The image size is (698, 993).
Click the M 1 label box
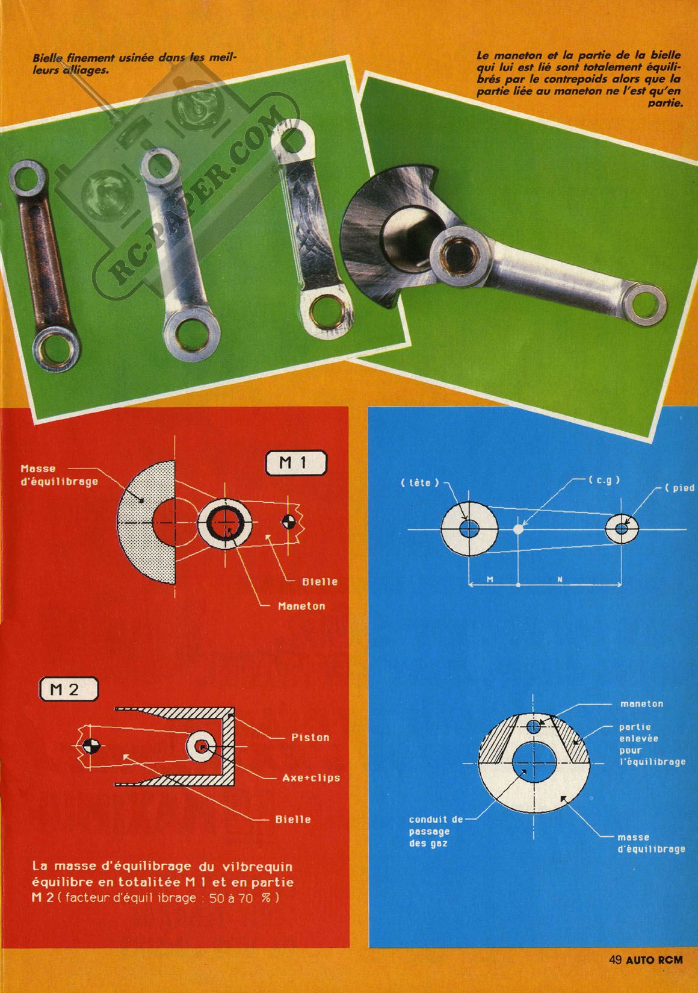(x=295, y=464)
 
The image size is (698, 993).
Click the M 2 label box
(x=69, y=689)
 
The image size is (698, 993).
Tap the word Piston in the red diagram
(x=310, y=737)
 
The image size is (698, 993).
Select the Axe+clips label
(x=311, y=777)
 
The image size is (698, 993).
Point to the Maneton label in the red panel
(x=301, y=606)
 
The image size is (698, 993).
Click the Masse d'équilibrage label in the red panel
(x=59, y=475)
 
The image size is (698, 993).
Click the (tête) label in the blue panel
(x=419, y=483)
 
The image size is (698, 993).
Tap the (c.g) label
(x=604, y=480)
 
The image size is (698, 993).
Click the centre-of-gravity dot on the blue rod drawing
(x=517, y=529)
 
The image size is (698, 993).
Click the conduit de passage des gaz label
(x=436, y=831)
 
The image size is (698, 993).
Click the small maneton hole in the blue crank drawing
(x=534, y=727)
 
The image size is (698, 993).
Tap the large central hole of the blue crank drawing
(x=534, y=763)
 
